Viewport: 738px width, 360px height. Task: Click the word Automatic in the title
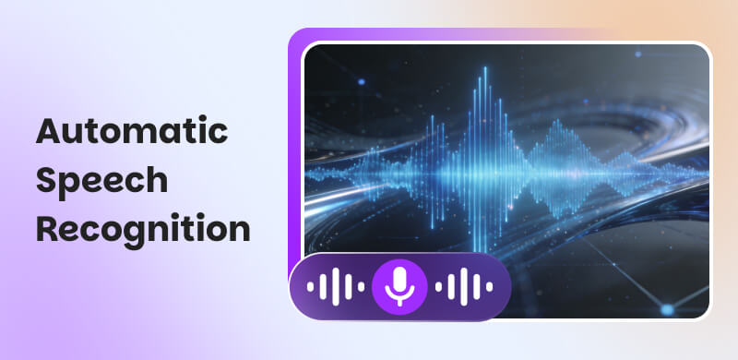click(x=131, y=132)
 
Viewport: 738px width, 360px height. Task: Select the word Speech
click(x=101, y=181)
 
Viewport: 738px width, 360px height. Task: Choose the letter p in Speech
click(x=68, y=184)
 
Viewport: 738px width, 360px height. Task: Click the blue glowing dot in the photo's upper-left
click(x=361, y=82)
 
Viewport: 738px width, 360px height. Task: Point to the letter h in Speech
click(x=157, y=180)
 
